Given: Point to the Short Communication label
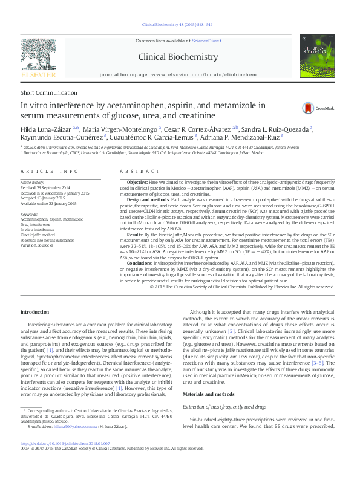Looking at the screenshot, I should pyautogui.click(x=45, y=92).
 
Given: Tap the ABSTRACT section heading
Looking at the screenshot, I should pyautogui.click(x=138, y=172).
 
